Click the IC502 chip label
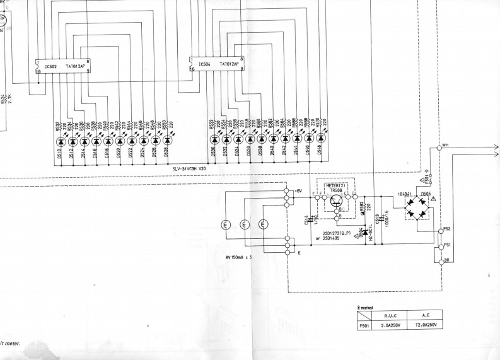[x=50, y=66]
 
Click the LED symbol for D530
[x=215, y=138]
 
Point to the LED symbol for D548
[x=321, y=138]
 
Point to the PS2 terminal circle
[x=441, y=231]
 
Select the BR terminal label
[x=447, y=259]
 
